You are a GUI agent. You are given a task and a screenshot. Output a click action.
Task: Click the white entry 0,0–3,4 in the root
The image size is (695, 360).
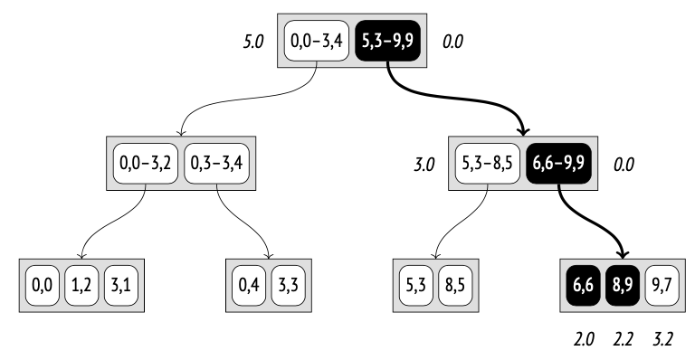(317, 41)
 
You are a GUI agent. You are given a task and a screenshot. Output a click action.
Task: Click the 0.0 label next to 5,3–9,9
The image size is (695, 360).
(453, 42)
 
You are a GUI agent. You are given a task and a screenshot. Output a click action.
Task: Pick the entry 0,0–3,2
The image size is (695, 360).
(145, 165)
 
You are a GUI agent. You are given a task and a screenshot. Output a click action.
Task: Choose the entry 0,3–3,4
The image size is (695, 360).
(217, 165)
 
